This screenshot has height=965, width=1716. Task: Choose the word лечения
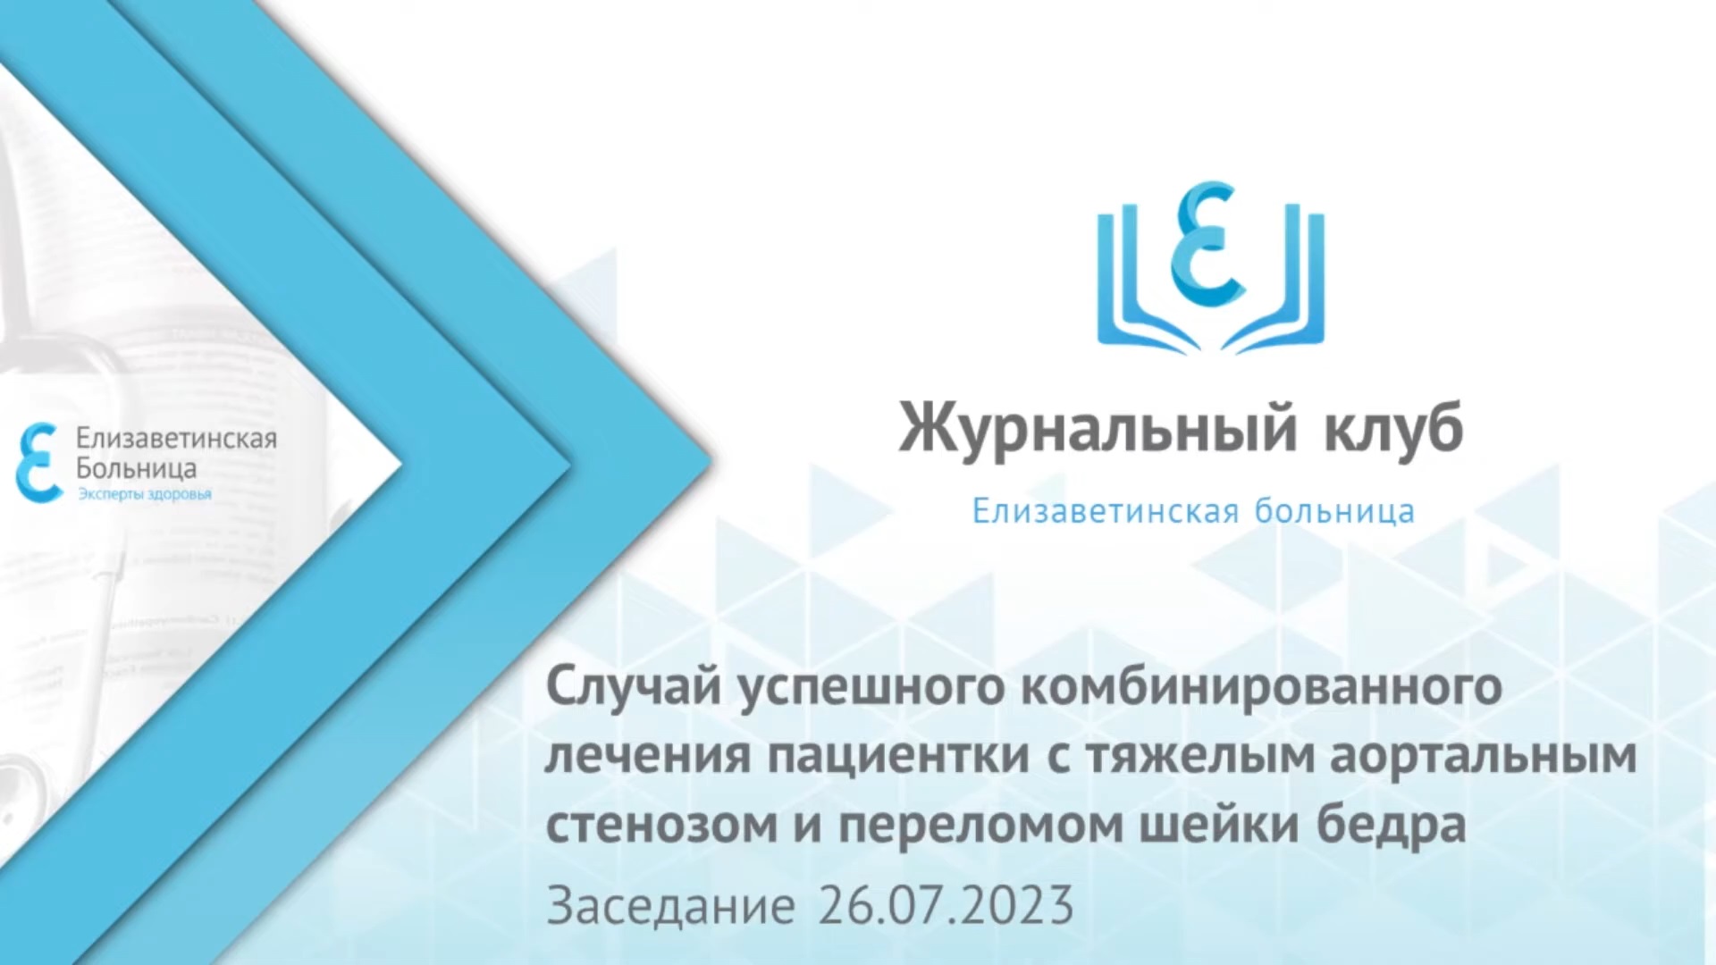[x=647, y=756]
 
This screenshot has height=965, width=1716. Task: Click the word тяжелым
[x=1199, y=756]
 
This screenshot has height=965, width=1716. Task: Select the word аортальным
[x=1484, y=756]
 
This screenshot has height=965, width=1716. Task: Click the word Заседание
[x=670, y=906]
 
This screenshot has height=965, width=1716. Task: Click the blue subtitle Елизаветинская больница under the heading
[x=1193, y=512]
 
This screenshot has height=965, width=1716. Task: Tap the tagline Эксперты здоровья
[x=144, y=495]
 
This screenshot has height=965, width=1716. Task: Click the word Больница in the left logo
[x=136, y=468]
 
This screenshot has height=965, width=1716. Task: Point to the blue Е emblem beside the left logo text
[x=38, y=463]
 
